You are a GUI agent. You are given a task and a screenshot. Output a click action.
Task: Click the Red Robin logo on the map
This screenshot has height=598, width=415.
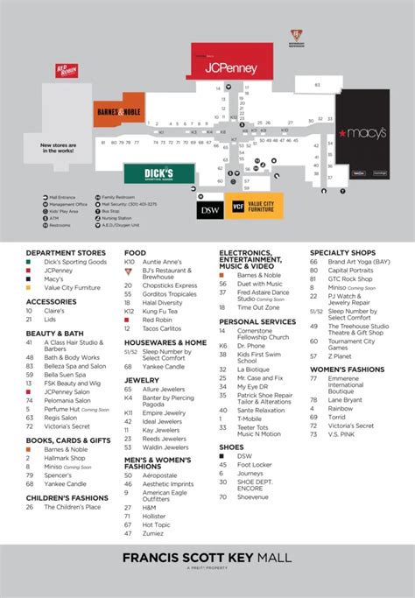point(67,70)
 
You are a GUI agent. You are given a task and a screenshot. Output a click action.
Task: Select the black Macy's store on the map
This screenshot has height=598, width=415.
point(360,134)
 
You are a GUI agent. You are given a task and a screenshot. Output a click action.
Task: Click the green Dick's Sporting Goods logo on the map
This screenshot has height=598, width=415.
point(146,173)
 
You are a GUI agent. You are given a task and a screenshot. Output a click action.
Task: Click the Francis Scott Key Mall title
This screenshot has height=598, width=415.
point(207,560)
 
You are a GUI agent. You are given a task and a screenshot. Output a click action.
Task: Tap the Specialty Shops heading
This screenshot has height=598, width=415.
point(342,253)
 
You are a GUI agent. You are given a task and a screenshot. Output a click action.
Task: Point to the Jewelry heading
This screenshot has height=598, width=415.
point(141,380)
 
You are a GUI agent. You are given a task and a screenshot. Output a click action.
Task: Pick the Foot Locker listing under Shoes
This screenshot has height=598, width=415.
point(255,465)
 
